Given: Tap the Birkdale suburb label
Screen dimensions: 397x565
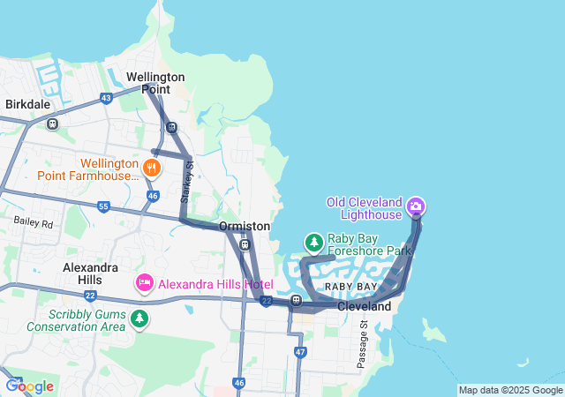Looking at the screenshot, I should (28, 104).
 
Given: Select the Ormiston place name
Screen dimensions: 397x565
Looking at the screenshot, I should (245, 227).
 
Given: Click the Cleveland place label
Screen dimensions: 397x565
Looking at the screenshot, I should (364, 306).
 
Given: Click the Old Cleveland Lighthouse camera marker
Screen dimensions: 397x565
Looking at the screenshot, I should (416, 207).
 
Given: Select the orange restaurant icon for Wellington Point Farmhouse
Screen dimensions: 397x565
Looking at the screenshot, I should (153, 167).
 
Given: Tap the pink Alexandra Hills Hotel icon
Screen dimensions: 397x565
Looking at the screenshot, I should (144, 284).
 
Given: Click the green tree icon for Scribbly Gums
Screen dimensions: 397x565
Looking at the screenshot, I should (139, 318).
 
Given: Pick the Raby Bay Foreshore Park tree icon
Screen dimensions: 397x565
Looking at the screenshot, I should (313, 242).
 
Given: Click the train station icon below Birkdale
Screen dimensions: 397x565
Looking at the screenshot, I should (52, 124).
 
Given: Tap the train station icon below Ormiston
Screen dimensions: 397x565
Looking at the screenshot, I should (245, 244).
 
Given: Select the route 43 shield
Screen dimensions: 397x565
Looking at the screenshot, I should (106, 98).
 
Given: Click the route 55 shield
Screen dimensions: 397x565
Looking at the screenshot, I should (103, 206).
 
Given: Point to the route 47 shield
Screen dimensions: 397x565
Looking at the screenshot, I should (300, 352).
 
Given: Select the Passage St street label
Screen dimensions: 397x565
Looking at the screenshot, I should (362, 345).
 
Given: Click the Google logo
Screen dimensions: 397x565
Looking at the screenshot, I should (29, 386).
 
